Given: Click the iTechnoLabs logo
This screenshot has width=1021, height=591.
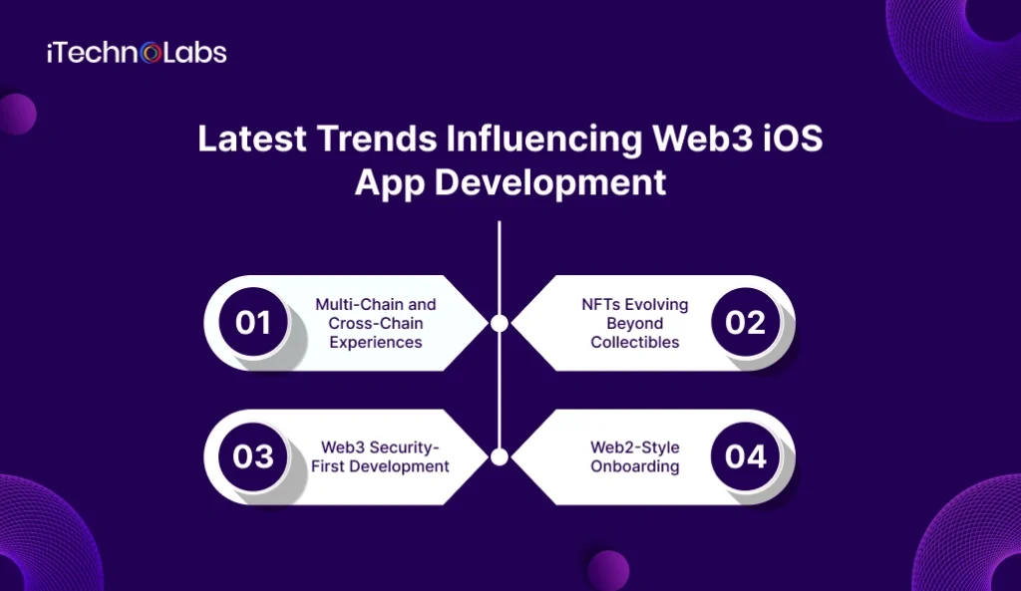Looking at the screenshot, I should (137, 53).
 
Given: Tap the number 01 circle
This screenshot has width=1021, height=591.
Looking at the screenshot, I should (253, 323).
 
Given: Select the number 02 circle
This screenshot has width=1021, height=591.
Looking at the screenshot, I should (746, 323).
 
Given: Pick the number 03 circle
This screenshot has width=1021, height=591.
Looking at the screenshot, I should (253, 456).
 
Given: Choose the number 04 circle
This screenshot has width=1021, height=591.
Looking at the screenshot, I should (746, 456).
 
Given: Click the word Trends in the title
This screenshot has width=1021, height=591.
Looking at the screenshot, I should (363, 140).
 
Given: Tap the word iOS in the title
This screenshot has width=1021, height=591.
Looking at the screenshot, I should (796, 140).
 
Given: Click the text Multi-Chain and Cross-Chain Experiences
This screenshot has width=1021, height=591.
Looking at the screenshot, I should (376, 323).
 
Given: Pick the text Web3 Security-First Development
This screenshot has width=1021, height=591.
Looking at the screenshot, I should (385, 456).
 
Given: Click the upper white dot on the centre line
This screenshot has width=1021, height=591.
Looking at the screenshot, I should (500, 323).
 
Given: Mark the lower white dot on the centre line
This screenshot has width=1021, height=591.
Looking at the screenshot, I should (500, 456).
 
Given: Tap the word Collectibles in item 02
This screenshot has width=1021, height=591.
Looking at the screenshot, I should (635, 342).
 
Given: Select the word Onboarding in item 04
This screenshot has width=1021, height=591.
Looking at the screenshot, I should (635, 466).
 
